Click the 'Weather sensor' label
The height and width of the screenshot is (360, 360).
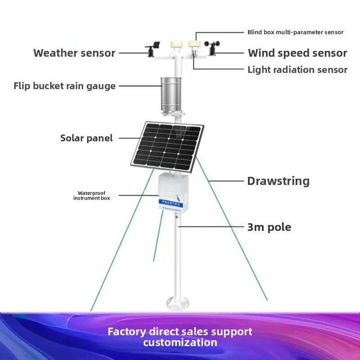pyautogui.click(x=74, y=53)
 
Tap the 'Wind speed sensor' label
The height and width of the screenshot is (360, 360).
pyautogui.click(x=297, y=53)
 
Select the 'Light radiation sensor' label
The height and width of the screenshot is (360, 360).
pyautogui.click(x=297, y=70)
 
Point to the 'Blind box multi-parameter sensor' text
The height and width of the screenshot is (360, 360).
pyautogui.click(x=295, y=32)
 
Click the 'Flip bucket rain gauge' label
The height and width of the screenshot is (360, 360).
pyautogui.click(x=64, y=86)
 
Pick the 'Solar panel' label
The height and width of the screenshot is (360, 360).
pyautogui.click(x=86, y=138)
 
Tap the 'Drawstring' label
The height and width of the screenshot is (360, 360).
pyautogui.click(x=278, y=181)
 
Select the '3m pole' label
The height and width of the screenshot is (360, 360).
pyautogui.click(x=269, y=227)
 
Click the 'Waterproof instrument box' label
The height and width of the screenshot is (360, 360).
pyautogui.click(x=91, y=195)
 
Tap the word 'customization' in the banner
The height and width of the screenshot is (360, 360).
pyautogui.click(x=180, y=342)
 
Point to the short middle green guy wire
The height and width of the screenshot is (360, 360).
pyautogui.click(x=158, y=236)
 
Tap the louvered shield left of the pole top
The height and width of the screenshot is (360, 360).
pyautogui.click(x=174, y=46)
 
